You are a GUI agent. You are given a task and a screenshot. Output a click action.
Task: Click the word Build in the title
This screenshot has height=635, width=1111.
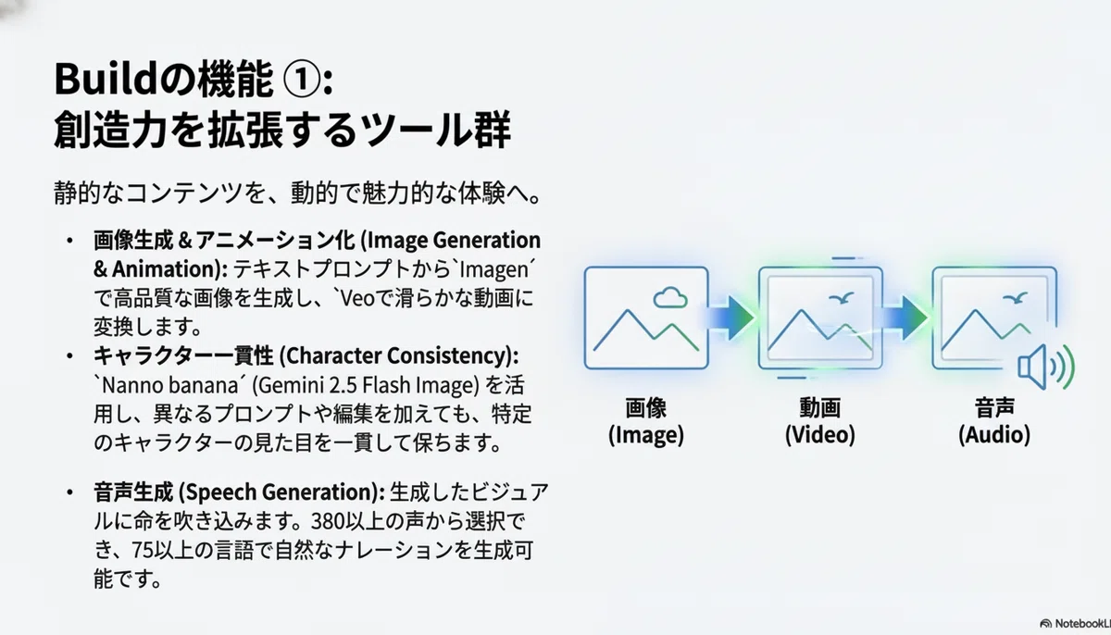click(106, 79)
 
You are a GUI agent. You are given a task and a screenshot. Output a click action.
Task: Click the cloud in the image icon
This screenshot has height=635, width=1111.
click(670, 297)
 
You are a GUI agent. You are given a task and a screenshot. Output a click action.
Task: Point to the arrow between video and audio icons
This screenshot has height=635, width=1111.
click(905, 317)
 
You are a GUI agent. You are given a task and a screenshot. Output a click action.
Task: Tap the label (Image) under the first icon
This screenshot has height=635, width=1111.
click(646, 435)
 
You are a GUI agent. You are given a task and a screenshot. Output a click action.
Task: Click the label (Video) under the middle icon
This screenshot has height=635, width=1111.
click(820, 435)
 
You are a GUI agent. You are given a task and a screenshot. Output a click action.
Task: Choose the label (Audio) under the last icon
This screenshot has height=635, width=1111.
click(994, 435)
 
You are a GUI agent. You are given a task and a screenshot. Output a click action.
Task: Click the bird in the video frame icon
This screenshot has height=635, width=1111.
click(842, 298)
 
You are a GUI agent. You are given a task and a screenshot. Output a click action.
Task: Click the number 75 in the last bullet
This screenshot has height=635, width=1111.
click(143, 550)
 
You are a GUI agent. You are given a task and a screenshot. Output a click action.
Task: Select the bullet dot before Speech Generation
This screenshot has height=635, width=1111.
click(70, 492)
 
